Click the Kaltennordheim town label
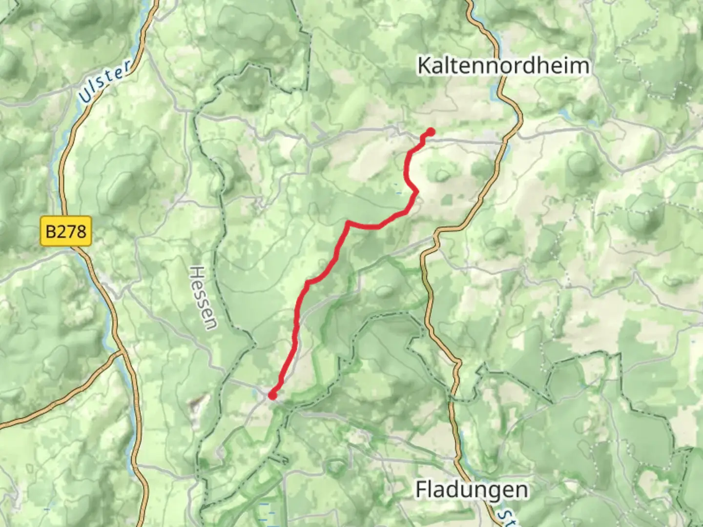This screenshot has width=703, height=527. tap(503, 66)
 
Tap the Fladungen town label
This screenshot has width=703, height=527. tap(472, 490)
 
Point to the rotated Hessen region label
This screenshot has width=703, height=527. tap(203, 298)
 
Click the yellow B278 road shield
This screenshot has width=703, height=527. tap(66, 231)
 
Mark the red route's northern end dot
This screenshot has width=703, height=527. tap(431, 132)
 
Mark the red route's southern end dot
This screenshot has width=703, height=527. tap(272, 395)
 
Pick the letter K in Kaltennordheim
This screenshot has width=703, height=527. tap(424, 66)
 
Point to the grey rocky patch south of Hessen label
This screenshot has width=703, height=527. tap(195, 404)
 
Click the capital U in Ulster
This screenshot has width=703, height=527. tap(86, 96)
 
